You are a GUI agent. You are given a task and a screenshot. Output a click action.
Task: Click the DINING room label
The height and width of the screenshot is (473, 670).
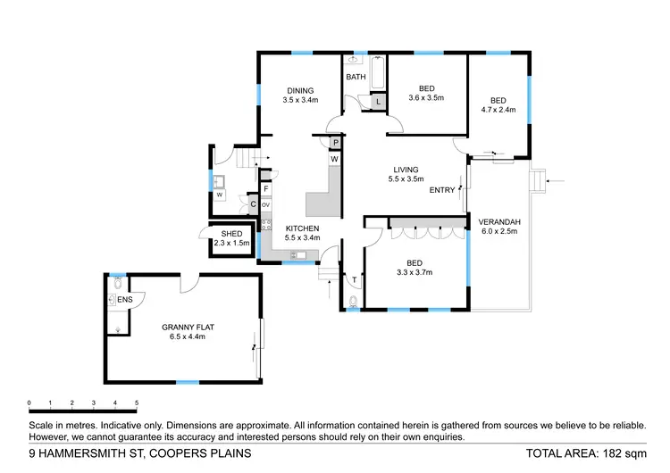click(x=300, y=90)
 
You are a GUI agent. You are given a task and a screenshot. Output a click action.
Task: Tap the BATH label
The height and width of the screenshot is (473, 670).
click(x=356, y=78)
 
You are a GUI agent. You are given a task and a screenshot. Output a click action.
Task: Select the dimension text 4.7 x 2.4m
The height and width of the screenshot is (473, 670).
click(x=498, y=111)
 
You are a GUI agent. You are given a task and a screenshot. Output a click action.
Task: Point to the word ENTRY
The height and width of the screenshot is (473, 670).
click(x=442, y=190)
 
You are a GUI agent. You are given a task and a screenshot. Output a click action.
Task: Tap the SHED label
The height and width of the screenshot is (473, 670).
click(x=231, y=234)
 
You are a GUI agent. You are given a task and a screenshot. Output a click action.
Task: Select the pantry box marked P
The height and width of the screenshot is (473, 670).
click(x=335, y=143)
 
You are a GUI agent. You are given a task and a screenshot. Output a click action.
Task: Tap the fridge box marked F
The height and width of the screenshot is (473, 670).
click(x=266, y=189)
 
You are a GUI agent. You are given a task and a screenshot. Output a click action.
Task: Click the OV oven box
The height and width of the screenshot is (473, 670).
click(x=265, y=204)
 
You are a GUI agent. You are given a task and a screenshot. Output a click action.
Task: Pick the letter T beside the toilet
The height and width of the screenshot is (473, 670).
click(x=354, y=280)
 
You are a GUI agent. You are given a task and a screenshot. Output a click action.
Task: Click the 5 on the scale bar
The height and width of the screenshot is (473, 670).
click(x=137, y=403)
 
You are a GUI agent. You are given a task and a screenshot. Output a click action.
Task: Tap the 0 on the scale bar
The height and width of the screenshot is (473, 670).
click(x=29, y=403)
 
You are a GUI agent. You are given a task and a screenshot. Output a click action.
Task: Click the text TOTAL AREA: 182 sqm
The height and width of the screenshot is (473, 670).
click(x=585, y=453)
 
